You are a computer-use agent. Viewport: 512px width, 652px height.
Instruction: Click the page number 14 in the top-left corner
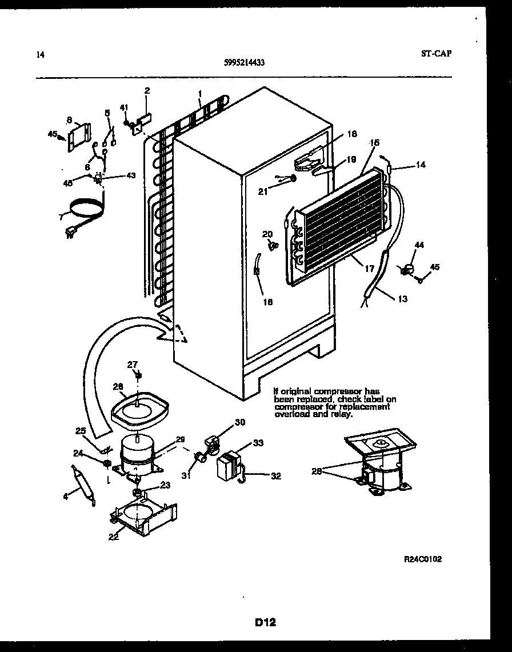pos(39,55)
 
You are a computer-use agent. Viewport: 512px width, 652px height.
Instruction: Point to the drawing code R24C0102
pos(422,559)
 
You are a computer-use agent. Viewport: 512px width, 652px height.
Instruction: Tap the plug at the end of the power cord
pos(71,231)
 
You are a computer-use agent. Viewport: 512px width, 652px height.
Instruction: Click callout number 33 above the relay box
pos(258,442)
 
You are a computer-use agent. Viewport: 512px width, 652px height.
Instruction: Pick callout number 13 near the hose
pos(403,298)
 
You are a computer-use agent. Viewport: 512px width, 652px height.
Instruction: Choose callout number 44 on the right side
pos(419,245)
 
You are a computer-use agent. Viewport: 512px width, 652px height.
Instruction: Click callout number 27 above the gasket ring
pos(132,365)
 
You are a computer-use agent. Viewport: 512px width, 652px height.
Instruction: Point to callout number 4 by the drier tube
pos(66,496)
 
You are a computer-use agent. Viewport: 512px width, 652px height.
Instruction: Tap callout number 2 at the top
pos(147,90)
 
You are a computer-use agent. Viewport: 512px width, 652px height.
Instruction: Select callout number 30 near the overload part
pos(239,422)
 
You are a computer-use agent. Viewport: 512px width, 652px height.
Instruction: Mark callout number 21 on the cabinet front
pos(262,191)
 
